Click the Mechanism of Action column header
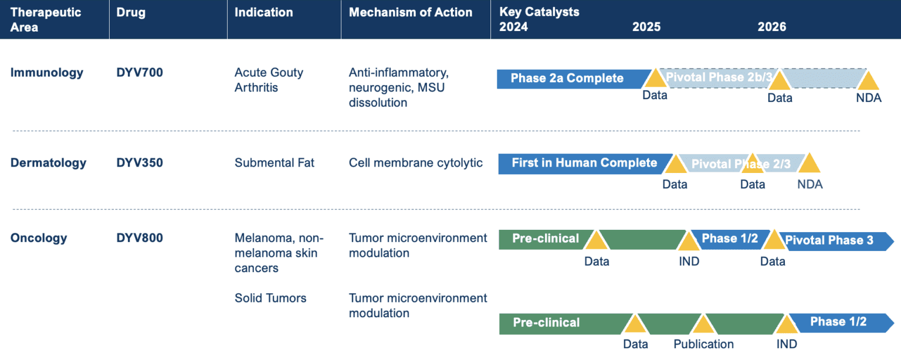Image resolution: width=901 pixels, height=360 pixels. coord(410,12)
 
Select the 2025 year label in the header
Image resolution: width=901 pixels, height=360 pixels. coord(646,27)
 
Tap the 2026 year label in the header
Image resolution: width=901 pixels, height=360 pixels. coord(771,27)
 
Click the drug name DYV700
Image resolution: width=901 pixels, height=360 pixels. coord(140,72)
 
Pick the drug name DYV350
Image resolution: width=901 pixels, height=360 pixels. coord(140,162)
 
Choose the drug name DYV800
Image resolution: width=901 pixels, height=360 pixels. coord(140,237)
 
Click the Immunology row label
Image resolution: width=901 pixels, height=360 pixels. coord(47,73)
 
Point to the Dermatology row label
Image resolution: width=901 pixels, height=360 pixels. coord(48,163)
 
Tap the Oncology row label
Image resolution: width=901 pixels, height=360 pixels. coord(39,238)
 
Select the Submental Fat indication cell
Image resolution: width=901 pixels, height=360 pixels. coord(275,162)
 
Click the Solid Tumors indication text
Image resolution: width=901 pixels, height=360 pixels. coord(270,298)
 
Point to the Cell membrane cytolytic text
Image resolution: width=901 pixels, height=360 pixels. coord(415,162)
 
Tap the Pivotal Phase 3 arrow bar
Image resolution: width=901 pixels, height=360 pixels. coord(836,242)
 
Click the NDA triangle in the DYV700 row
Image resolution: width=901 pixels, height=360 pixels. coord(868,80)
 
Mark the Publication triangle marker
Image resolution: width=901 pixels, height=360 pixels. coord(703,324)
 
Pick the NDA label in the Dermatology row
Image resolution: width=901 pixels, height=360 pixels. coord(809,184)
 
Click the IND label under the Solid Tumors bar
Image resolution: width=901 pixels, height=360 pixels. coord(787,344)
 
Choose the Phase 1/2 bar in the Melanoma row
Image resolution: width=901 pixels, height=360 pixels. coord(730,239)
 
